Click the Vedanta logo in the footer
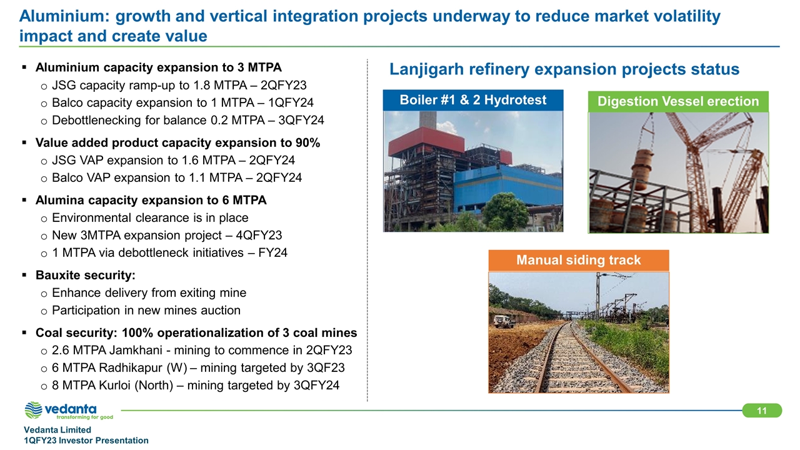pos(69,411)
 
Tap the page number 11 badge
pos(762,411)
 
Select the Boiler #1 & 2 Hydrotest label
pos(473,100)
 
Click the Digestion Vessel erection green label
pos(678,101)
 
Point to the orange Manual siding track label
pos(578,260)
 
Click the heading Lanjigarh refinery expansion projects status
pos(564,69)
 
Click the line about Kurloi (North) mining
pos(196,385)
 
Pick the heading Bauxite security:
pos(86,275)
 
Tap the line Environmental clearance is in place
pos(150,217)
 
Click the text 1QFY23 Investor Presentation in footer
pos(86,441)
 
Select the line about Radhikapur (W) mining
pos(198,367)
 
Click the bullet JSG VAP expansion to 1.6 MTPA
pos(173,160)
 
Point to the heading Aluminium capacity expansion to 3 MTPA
pos(159,67)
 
